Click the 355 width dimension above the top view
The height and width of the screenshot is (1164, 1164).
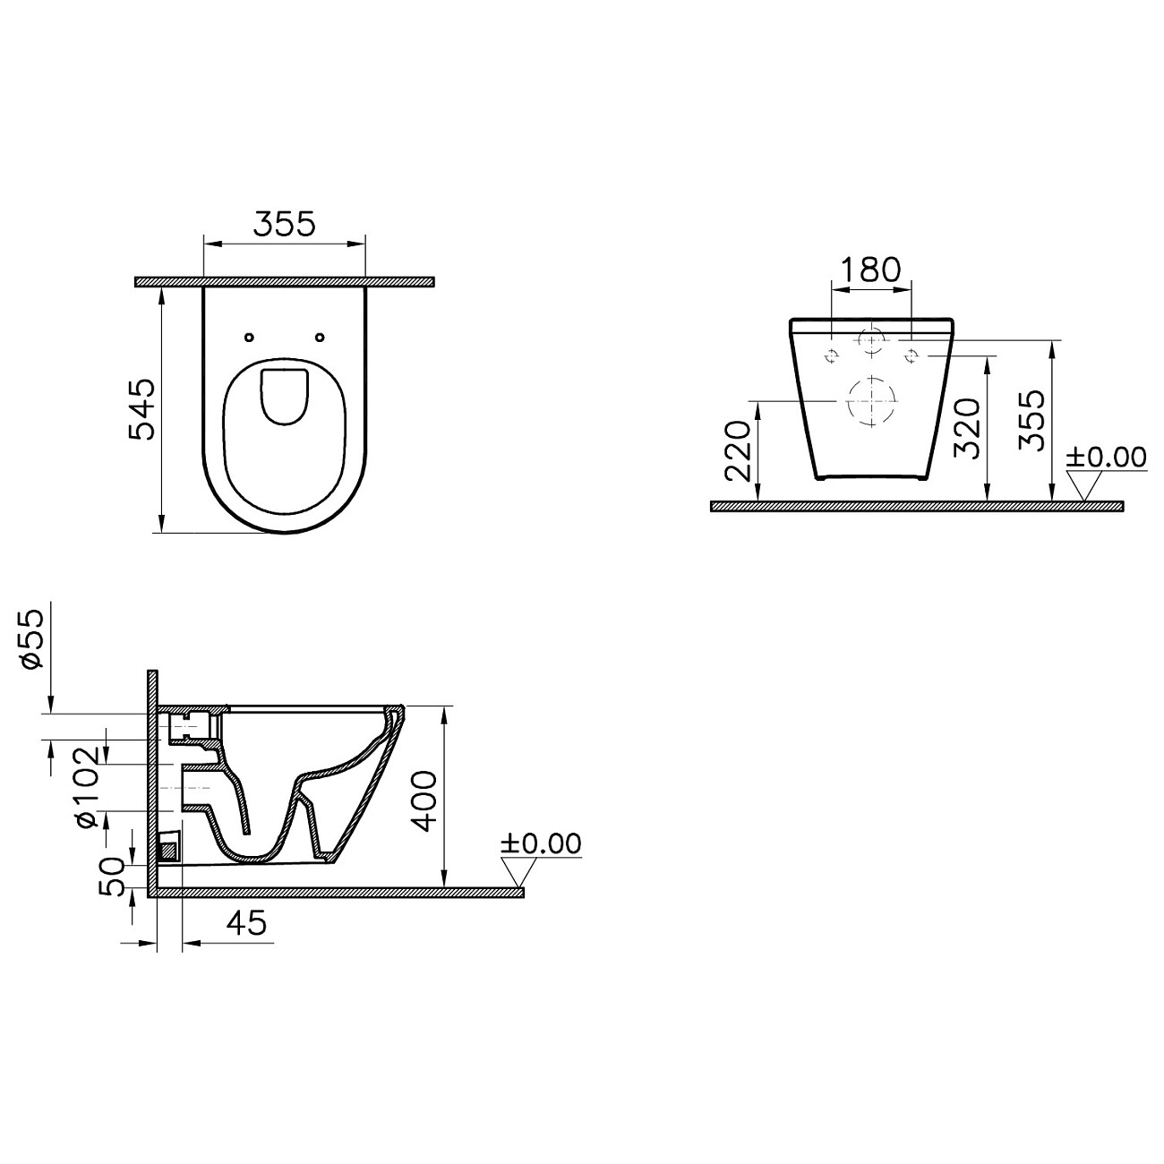284,224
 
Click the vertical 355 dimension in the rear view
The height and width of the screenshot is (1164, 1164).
1031,420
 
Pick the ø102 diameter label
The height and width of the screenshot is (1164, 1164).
86,784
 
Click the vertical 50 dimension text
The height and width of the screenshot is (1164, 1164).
111,876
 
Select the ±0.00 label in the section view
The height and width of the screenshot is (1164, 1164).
541,843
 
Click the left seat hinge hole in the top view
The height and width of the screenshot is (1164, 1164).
250,338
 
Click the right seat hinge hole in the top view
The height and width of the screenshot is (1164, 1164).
321,338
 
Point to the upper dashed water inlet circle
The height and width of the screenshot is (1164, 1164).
871,340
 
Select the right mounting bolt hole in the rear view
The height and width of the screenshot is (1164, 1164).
912,355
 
